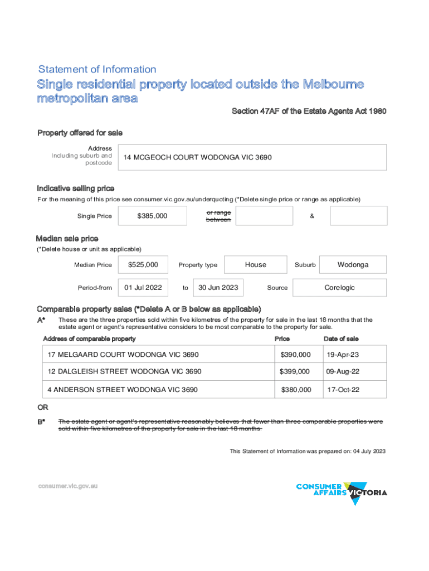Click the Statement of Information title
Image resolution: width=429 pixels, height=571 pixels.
pyautogui.click(x=97, y=70)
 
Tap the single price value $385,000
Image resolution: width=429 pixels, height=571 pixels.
pyautogui.click(x=152, y=216)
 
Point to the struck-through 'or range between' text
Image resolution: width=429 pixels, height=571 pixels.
pyautogui.click(x=218, y=216)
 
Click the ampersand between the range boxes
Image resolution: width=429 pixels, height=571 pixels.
pyautogui.click(x=311, y=216)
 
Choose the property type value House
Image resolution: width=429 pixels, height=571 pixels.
pyautogui.click(x=255, y=264)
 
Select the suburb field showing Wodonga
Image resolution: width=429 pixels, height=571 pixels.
pyautogui.click(x=353, y=264)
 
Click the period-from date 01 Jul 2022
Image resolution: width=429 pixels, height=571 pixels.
pyautogui.click(x=143, y=288)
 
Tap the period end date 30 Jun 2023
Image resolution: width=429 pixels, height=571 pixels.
pyautogui.click(x=218, y=288)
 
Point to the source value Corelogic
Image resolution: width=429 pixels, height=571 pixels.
pyautogui.click(x=339, y=288)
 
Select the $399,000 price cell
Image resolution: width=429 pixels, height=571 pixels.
pyautogui.click(x=295, y=371)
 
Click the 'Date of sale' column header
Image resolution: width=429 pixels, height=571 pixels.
pyautogui.click(x=341, y=338)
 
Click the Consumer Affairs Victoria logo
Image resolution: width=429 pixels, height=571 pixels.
pyautogui.click(x=342, y=492)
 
